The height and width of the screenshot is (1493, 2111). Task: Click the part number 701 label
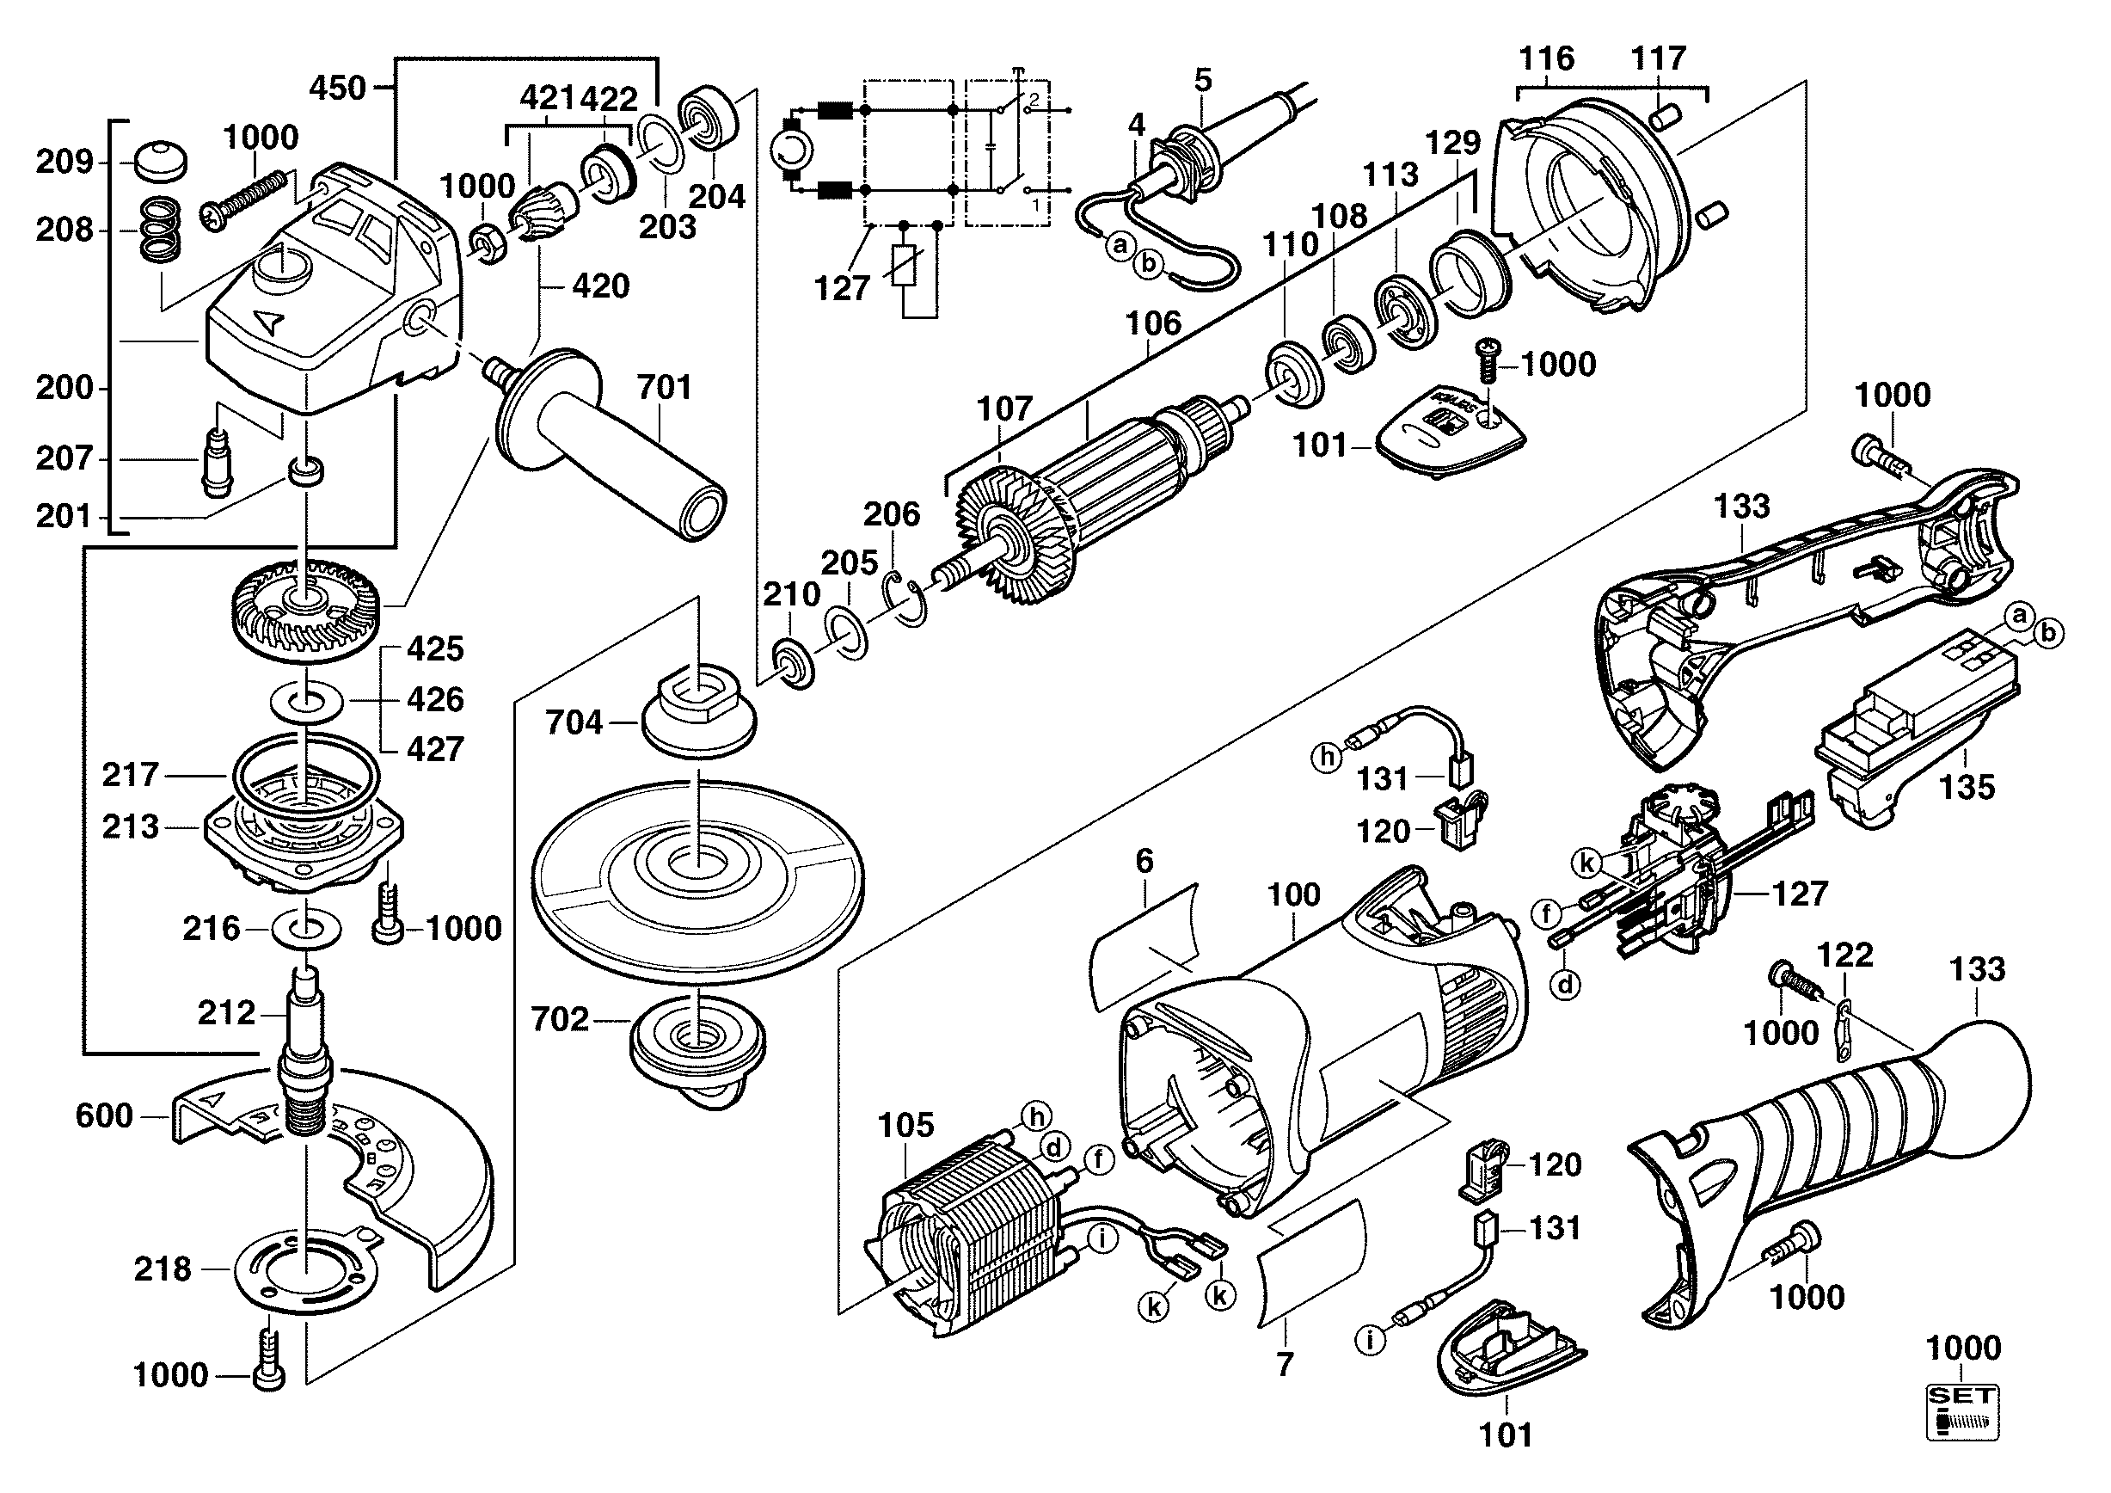pos(664,387)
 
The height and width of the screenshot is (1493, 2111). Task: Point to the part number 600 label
pos(104,1116)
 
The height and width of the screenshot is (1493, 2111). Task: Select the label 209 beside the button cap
pos(64,163)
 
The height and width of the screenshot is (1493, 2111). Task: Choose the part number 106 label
pos(1153,323)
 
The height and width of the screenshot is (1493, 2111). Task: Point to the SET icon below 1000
pos(1962,1412)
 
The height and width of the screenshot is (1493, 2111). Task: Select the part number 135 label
pos(1967,787)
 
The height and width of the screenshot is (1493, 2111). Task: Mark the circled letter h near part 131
pos(1327,757)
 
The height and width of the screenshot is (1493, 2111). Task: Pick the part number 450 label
pos(337,89)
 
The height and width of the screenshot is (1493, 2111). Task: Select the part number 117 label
pos(1658,58)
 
